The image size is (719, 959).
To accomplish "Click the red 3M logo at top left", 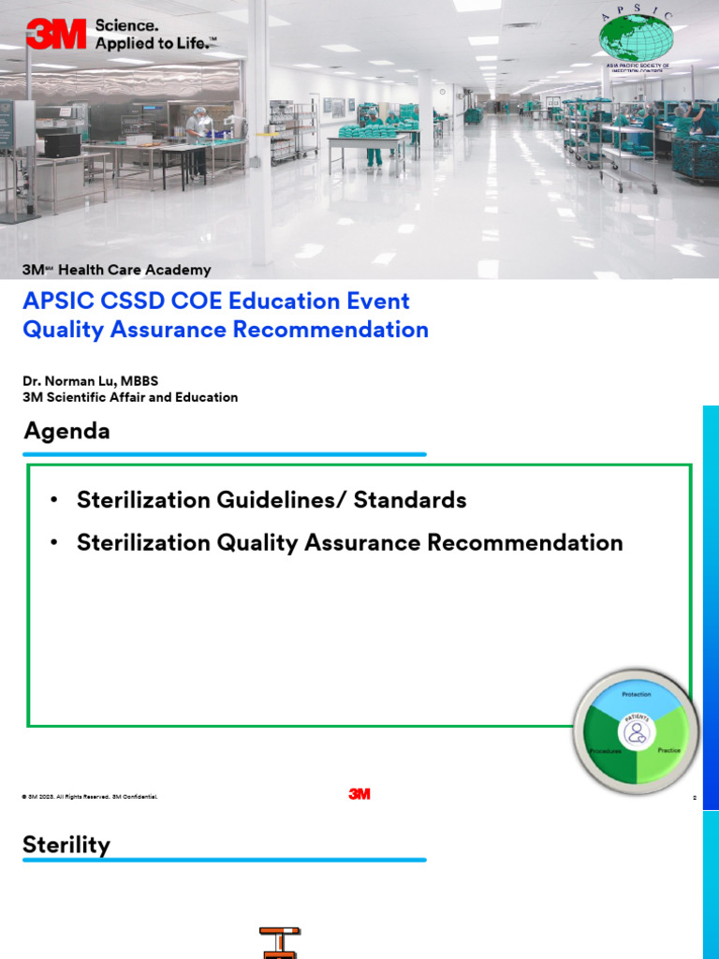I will (55, 34).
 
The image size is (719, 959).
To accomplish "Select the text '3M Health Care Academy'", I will (116, 270).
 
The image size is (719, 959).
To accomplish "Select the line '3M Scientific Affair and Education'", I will (130, 397).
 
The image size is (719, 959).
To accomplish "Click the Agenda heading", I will (66, 431).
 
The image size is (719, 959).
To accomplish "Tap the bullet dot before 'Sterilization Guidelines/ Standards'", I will (55, 500).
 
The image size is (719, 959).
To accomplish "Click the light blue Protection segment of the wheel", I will (637, 695).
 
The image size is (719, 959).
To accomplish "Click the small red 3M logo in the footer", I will (359, 794).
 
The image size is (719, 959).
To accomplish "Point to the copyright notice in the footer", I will (89, 796).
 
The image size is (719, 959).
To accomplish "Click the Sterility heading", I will (66, 845).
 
